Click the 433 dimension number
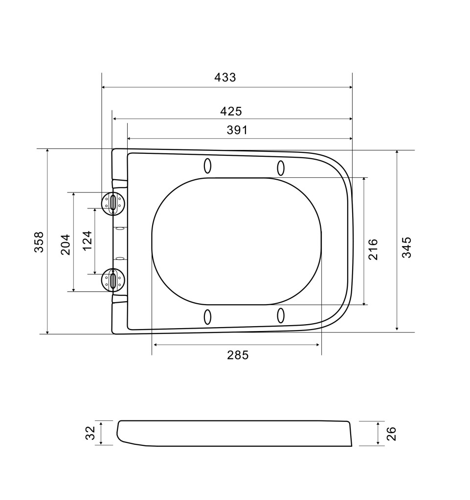coord(225,78)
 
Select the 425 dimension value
coord(231,111)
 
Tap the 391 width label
coord(237,130)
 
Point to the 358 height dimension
coord(39,242)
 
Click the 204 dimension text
coord(66,245)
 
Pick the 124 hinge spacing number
coord(87,241)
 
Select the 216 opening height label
coord(373,250)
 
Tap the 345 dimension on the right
coord(406,247)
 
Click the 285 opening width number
coord(238,355)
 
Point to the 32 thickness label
coord(90,433)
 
